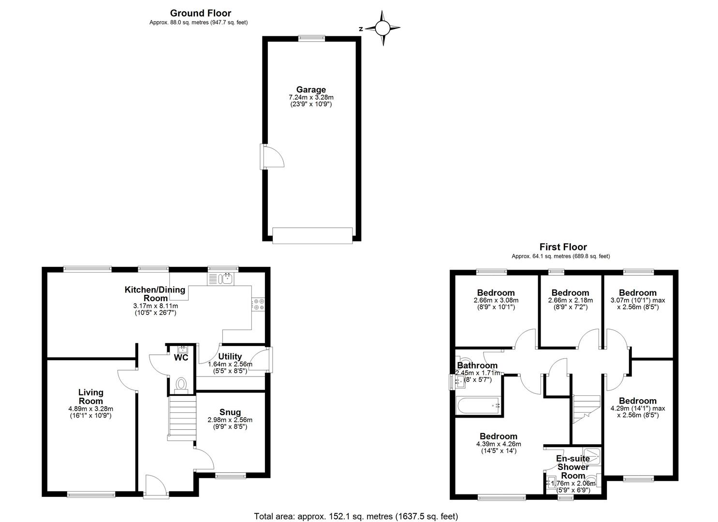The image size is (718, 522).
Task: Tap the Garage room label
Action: tap(311, 89)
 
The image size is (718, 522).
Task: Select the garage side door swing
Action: tap(272, 157)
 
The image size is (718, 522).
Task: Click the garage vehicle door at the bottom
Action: tap(312, 235)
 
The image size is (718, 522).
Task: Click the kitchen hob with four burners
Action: tap(258, 304)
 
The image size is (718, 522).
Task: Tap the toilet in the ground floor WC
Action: tap(181, 385)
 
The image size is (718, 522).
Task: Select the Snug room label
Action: tap(230, 412)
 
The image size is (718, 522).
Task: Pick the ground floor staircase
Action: tap(182, 418)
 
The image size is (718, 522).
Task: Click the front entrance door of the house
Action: tap(156, 487)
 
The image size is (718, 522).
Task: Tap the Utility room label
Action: tap(230, 356)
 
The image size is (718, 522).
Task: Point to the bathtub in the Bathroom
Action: tap(478, 406)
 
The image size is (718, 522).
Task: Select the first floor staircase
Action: tap(586, 409)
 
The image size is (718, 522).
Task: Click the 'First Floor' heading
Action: tap(563, 246)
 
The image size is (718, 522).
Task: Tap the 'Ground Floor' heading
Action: tap(201, 13)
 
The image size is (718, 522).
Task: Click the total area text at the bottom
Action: tap(356, 516)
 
